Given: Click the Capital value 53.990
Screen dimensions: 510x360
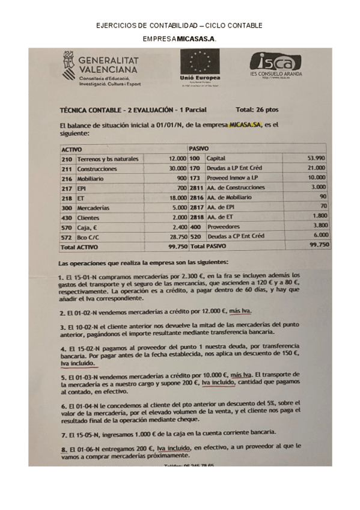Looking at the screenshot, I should tap(316, 158).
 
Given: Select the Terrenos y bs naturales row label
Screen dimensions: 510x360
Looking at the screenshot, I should tap(108, 159).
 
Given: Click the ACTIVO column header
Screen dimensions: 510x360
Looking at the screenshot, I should tap(72, 149).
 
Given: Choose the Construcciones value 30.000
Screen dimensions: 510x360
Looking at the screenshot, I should tap(168, 168).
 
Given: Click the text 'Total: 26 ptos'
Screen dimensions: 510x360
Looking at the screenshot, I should tap(257, 110).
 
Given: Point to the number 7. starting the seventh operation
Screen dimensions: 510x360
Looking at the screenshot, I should tap(63, 432).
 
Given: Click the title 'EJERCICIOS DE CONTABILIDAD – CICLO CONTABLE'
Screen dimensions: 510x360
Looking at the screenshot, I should tap(179, 26).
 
